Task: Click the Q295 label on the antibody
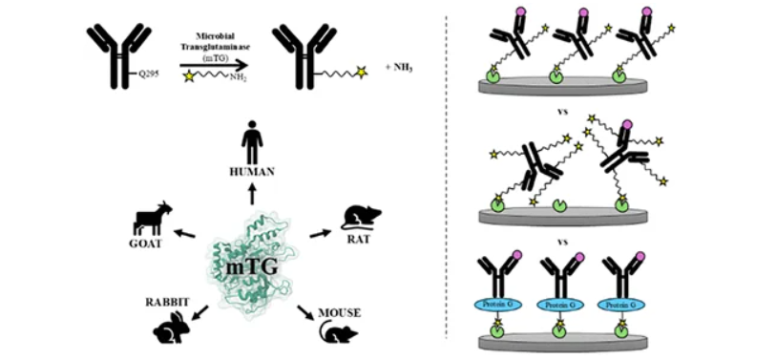pos(147,76)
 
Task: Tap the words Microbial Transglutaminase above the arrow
pos(213,43)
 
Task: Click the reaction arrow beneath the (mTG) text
pos(213,65)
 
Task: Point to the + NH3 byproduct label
pos(399,68)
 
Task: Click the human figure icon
pos(252,141)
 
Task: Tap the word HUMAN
pos(252,172)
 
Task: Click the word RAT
pos(356,242)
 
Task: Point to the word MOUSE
pos(340,313)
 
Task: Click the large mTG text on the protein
pos(251,268)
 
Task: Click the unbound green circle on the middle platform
pos(560,204)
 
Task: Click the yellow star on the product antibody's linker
pos(362,73)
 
